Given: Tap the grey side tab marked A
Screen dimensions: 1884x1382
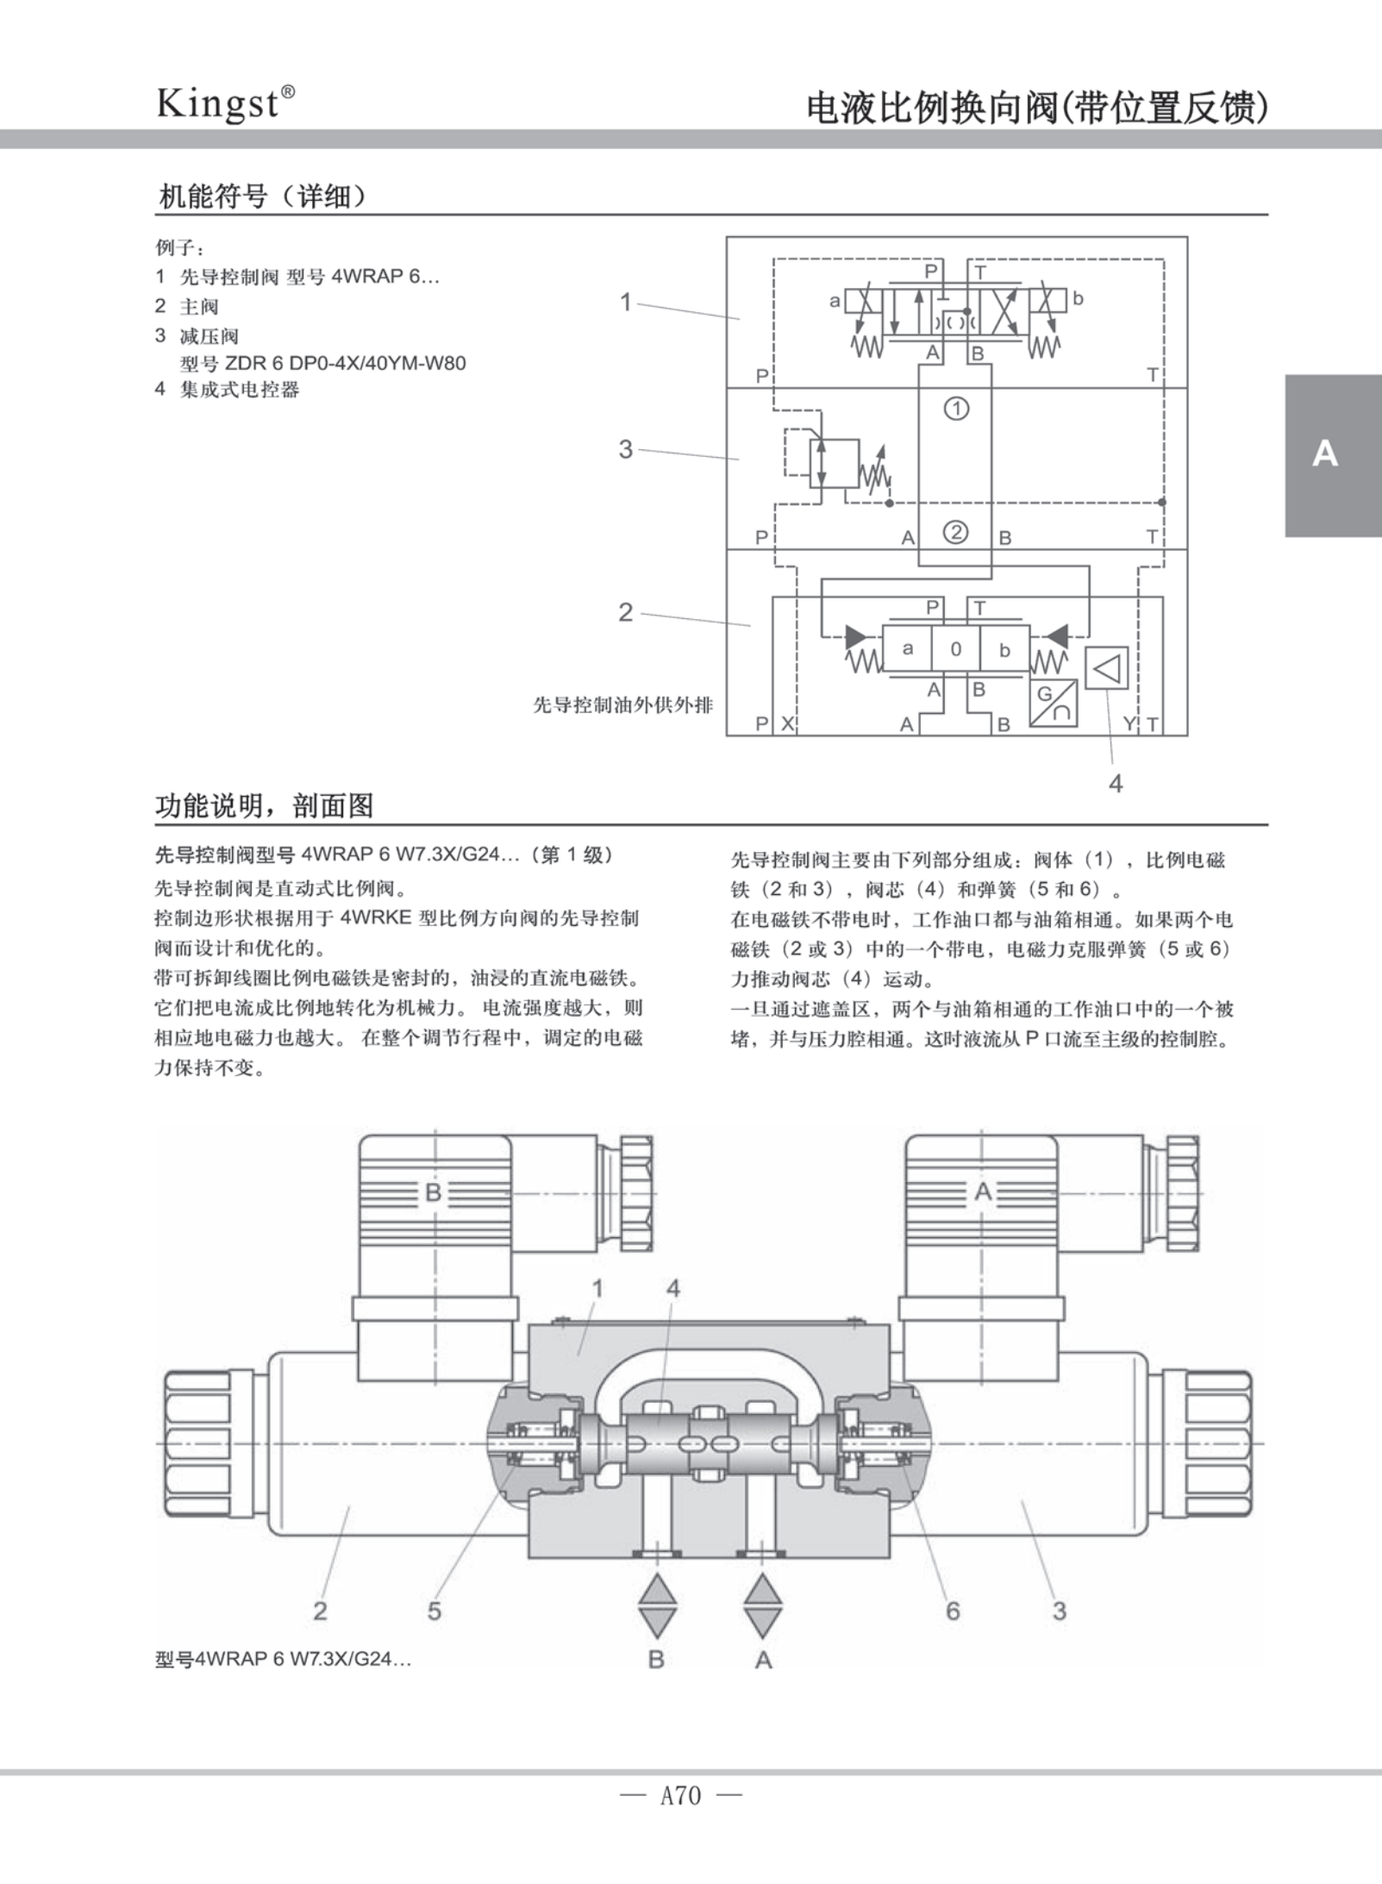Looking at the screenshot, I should click(x=1332, y=454).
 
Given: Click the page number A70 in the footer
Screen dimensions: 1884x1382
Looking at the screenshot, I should click(x=680, y=1795).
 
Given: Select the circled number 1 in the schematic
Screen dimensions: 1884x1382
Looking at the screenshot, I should click(x=956, y=408).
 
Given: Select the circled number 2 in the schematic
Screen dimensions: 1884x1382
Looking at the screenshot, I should click(x=956, y=532).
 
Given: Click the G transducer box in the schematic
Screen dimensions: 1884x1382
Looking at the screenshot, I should click(x=1053, y=703).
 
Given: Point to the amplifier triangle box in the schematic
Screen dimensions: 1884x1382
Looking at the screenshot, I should click(x=1106, y=667).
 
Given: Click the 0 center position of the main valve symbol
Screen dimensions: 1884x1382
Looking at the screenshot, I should click(x=955, y=649).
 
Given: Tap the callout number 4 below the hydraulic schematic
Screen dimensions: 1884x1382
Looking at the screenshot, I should click(x=1116, y=783).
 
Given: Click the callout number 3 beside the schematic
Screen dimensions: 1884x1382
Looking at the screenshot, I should click(x=626, y=449).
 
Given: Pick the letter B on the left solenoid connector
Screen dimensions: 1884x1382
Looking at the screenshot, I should click(x=434, y=1192).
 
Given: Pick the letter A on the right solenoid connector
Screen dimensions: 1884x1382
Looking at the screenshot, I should click(x=983, y=1192).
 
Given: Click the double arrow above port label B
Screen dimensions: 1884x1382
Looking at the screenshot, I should click(x=657, y=1605).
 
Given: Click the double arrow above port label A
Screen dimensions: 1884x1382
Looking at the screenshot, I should click(x=763, y=1605).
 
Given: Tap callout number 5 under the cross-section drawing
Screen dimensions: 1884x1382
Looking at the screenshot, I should click(x=435, y=1611).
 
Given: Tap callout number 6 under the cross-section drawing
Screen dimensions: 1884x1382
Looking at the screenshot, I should click(x=953, y=1611).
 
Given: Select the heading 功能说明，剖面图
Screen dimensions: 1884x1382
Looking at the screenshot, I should click(x=264, y=806).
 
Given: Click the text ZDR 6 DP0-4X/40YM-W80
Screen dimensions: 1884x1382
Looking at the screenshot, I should click(x=345, y=363).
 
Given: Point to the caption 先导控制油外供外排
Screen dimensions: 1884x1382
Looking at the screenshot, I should click(x=622, y=705).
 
